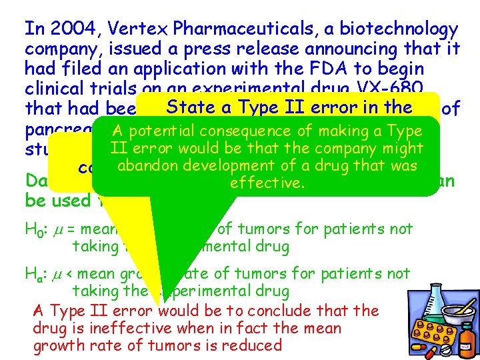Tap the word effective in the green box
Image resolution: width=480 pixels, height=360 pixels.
267,182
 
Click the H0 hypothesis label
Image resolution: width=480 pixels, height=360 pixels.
33,231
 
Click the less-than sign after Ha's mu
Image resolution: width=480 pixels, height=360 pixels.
70,274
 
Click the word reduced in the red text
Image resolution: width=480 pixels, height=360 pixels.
251,345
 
